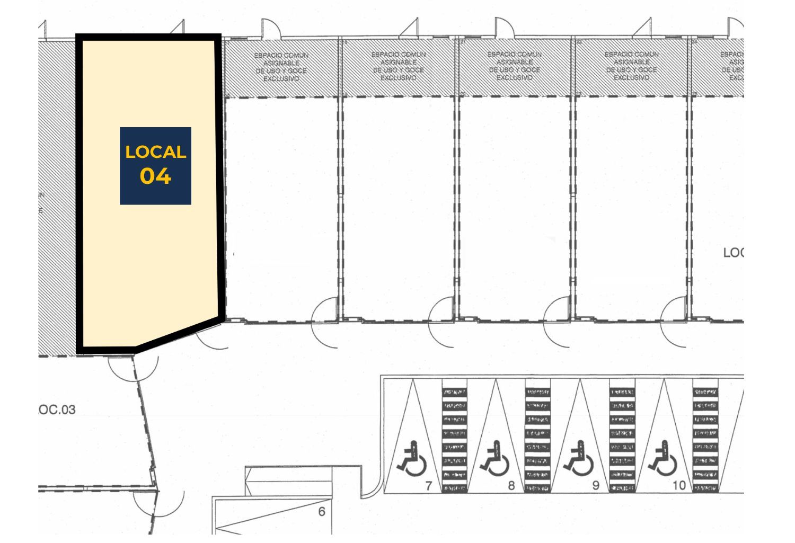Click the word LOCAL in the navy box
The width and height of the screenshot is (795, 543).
click(155, 153)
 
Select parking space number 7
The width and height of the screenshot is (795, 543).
click(429, 485)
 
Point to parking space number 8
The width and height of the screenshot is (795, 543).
click(511, 485)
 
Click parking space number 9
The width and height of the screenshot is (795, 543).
click(595, 485)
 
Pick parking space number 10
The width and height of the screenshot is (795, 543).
click(679, 485)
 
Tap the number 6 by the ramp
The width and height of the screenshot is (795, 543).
click(321, 512)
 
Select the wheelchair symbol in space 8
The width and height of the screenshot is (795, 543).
click(495, 459)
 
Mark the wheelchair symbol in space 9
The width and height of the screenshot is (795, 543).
click(579, 459)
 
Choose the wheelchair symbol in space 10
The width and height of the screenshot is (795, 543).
click(662, 459)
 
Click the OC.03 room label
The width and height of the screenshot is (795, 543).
click(57, 410)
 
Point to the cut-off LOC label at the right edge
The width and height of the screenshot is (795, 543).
click(734, 253)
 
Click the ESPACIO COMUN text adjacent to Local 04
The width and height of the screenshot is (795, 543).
click(281, 67)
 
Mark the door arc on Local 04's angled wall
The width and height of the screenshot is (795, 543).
click(212, 339)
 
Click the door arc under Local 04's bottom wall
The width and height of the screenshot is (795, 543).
click(132, 368)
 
